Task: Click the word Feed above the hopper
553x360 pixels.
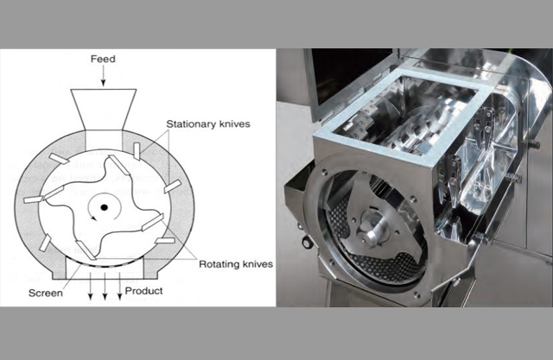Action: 103,59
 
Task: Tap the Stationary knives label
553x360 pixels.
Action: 208,124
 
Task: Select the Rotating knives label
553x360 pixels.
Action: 236,264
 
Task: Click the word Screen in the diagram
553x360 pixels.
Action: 46,293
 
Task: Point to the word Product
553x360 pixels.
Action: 144,291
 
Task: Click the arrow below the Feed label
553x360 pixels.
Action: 103,75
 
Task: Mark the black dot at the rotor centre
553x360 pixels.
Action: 104,207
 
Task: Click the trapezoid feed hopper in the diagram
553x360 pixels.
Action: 103,109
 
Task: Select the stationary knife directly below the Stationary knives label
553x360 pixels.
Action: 137,151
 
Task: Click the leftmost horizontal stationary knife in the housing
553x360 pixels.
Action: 33,200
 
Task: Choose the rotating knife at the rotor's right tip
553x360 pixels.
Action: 152,222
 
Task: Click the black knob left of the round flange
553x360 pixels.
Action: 307,243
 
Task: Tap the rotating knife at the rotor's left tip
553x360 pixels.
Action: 54,193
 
